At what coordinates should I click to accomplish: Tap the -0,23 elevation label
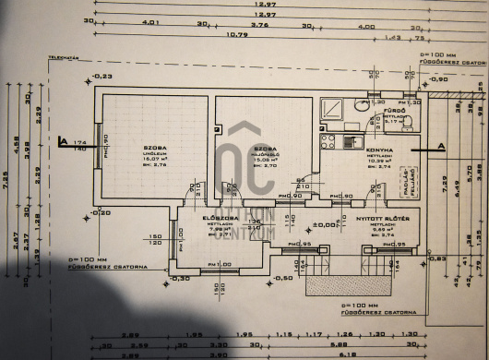click(101, 76)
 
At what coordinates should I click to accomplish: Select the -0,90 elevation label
click(437, 80)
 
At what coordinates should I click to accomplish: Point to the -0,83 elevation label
click(437, 258)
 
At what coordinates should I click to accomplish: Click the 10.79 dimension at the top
click(238, 36)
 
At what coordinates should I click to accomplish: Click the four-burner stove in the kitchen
click(328, 141)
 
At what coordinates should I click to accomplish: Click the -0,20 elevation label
click(101, 212)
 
